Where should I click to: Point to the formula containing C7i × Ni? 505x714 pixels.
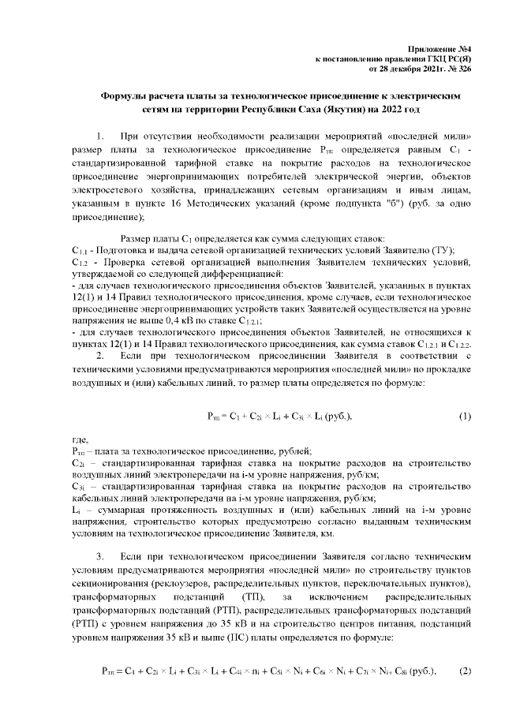(273, 671)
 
